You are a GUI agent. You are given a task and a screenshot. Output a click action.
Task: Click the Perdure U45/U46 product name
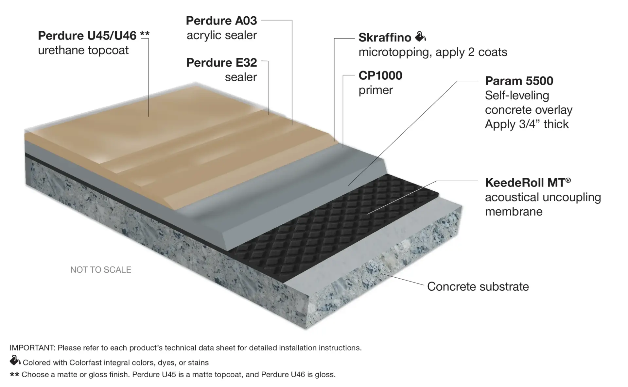click(87, 36)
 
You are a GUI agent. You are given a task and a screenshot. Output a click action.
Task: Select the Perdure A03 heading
click(221, 21)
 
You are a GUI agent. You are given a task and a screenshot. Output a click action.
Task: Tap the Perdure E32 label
click(222, 62)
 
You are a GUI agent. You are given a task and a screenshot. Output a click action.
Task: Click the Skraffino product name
click(385, 38)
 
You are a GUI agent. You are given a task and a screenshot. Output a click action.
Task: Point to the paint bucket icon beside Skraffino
click(420, 37)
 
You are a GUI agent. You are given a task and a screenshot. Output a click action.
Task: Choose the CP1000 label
click(380, 75)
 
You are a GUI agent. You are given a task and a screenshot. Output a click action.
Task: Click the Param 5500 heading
click(519, 81)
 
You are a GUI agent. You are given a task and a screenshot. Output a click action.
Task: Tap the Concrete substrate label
click(478, 286)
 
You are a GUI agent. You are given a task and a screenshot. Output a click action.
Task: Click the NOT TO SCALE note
click(101, 270)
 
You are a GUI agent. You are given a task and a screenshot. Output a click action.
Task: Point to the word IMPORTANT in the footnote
click(32, 348)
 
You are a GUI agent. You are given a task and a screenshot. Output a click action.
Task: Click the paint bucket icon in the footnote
click(15, 360)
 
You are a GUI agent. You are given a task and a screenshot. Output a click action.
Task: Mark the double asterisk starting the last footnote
click(14, 374)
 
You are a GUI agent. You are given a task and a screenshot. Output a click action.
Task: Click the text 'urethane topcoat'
click(83, 50)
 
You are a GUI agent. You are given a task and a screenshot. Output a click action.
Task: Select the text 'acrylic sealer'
click(222, 35)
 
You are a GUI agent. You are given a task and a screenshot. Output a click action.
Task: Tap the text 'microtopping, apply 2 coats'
click(433, 52)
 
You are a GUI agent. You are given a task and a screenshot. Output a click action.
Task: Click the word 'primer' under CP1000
click(375, 90)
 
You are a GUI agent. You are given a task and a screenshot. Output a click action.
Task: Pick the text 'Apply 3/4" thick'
click(527, 124)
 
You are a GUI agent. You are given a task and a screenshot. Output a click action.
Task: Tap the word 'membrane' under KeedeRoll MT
click(514, 212)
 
